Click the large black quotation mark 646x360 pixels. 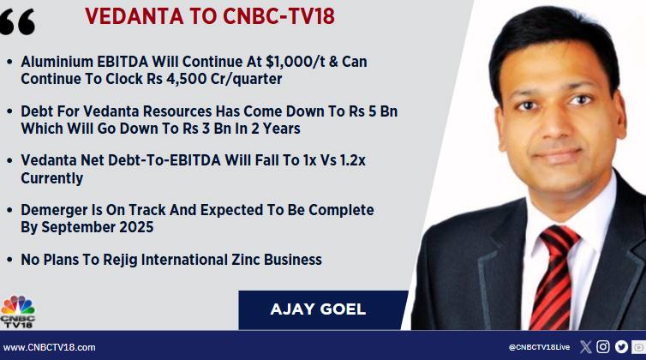pyautogui.click(x=17, y=21)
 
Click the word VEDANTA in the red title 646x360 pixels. pyautogui.click(x=135, y=16)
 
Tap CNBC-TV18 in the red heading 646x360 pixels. pyautogui.click(x=278, y=16)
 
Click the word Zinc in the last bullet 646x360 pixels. pyautogui.click(x=246, y=260)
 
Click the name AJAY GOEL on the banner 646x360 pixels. pyautogui.click(x=318, y=309)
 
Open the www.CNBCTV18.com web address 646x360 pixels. pyautogui.click(x=50, y=347)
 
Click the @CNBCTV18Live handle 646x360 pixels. pyautogui.click(x=539, y=347)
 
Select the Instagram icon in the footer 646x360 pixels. pyautogui.click(x=603, y=347)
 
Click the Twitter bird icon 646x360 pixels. pyautogui.click(x=621, y=347)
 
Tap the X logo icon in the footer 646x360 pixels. pyautogui.click(x=585, y=347)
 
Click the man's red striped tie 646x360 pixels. pyautogui.click(x=552, y=277)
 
